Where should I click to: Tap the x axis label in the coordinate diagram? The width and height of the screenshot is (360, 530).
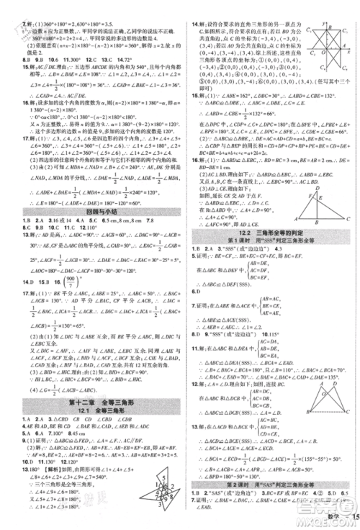[348, 53]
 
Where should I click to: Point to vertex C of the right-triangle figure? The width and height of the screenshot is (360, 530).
[346, 217]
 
